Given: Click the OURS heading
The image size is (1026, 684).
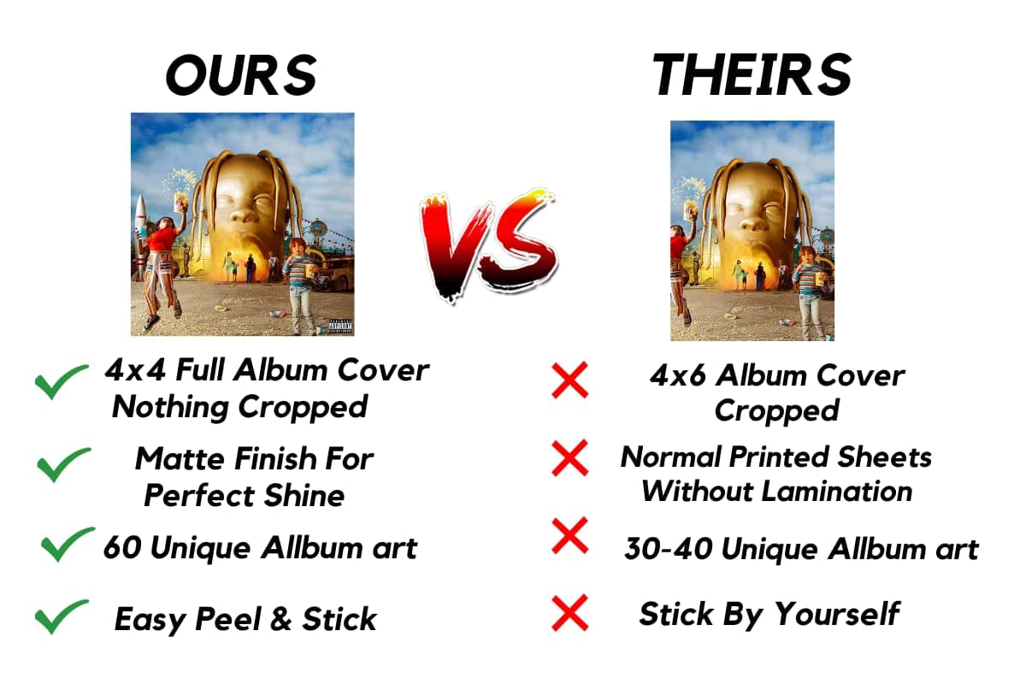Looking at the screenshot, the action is pyautogui.click(x=241, y=75).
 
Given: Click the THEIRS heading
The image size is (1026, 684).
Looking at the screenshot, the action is pyautogui.click(x=752, y=74).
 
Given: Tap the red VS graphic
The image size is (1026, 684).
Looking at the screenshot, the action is pyautogui.click(x=488, y=245).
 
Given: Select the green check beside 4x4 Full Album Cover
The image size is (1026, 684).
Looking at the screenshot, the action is pyautogui.click(x=61, y=381).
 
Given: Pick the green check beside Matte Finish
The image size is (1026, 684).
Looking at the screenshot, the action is pyautogui.click(x=63, y=464).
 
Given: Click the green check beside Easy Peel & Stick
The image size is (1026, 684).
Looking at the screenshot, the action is pyautogui.click(x=62, y=616).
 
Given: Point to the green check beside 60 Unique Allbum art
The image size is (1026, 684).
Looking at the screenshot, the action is pyautogui.click(x=68, y=545).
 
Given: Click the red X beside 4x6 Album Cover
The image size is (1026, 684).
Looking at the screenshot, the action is pyautogui.click(x=569, y=380).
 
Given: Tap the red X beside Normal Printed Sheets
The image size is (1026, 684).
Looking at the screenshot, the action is pyautogui.click(x=569, y=458).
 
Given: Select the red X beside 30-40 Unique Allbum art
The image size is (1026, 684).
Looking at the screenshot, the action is pyautogui.click(x=569, y=535).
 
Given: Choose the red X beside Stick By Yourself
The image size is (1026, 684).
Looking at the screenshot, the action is pyautogui.click(x=569, y=613).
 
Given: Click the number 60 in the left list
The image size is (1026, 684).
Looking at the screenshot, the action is pyautogui.click(x=121, y=547).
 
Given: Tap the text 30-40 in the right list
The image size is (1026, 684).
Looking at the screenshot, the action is pyautogui.click(x=669, y=549).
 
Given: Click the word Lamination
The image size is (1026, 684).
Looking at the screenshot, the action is pyautogui.click(x=838, y=492).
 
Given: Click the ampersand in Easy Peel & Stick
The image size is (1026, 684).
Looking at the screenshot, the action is pyautogui.click(x=280, y=619).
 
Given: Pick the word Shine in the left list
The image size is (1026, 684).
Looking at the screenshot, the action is pyautogui.click(x=304, y=495).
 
